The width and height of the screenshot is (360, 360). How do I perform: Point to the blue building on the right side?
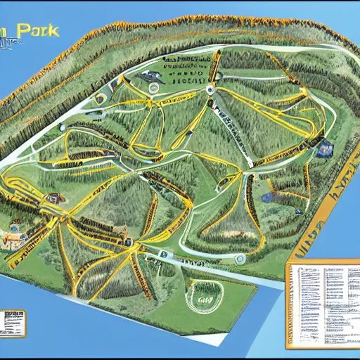(x=325, y=148)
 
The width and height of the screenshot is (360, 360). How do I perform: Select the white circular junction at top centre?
(x=209, y=89)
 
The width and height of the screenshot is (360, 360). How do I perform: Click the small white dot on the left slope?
(x=62, y=127)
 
